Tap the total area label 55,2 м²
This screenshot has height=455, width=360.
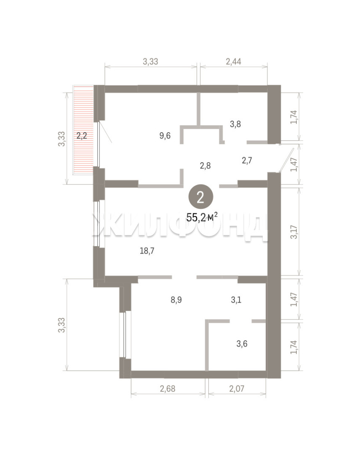[202, 217]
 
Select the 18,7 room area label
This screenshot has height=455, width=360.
[147, 251]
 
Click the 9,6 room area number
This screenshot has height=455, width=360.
[165, 136]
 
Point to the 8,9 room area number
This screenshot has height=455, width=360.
[176, 300]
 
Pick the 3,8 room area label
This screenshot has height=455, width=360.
[235, 124]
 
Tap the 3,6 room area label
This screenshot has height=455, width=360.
[242, 344]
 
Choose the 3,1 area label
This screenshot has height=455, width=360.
[236, 300]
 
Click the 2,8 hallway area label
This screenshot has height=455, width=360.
[205, 166]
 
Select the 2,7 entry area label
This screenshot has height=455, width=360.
[247, 160]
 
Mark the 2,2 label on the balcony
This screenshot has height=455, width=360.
[82, 136]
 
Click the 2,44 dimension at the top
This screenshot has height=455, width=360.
[234, 61]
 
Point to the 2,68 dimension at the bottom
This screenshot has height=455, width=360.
[168, 388]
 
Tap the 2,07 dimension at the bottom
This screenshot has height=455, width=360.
[237, 388]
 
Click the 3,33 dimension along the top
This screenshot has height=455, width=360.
[151, 61]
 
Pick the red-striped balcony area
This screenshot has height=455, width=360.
[83, 129]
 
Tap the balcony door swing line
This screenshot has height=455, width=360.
[105, 132]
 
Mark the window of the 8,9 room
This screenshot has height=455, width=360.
[123, 335]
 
